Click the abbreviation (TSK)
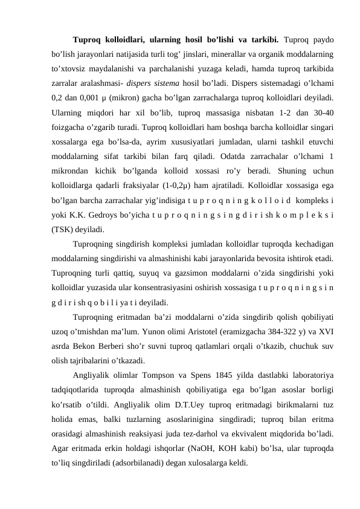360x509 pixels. [65, 230]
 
